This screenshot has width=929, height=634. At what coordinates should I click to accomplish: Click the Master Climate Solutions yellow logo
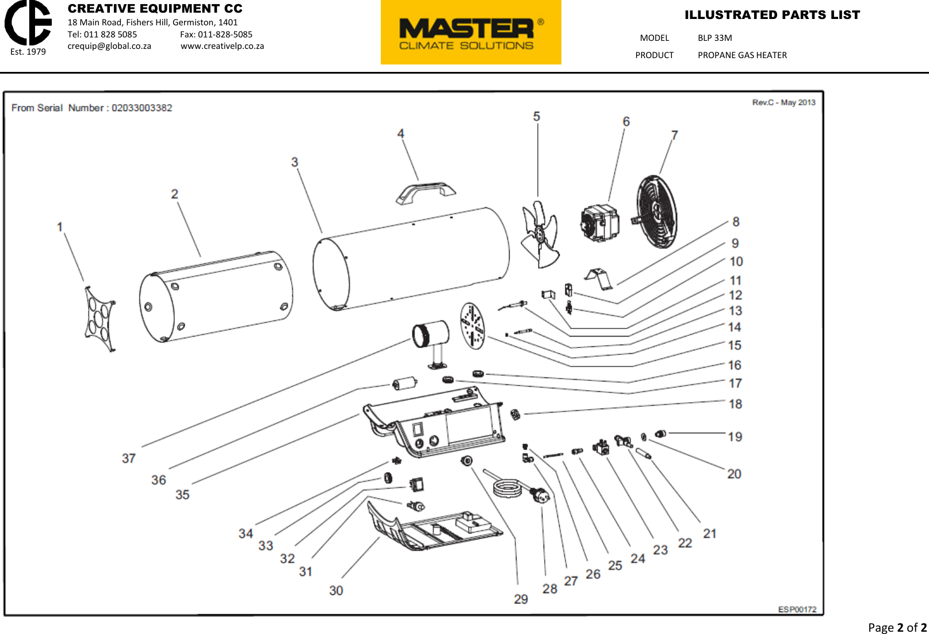tap(471, 32)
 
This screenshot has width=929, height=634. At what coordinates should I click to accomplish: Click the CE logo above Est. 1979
tap(28, 22)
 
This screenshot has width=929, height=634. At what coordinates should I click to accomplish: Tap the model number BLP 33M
tap(714, 38)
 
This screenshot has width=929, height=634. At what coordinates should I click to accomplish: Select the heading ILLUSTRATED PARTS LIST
tap(772, 15)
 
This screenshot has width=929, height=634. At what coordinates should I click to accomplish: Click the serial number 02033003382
tap(142, 108)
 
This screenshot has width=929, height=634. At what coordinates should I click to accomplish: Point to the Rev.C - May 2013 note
tap(783, 102)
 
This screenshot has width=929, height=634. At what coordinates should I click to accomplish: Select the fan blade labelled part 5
tap(540, 235)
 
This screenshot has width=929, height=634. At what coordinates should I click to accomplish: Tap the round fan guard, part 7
tap(657, 212)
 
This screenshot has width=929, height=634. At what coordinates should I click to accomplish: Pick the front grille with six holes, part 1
tap(100, 319)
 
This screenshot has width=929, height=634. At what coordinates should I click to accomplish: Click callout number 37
tap(128, 459)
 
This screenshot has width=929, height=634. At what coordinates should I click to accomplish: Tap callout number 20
tap(734, 474)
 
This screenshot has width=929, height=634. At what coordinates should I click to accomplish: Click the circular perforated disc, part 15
tap(473, 326)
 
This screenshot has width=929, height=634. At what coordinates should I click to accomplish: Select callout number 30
tap(336, 591)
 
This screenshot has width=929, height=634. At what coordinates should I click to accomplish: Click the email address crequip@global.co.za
tap(109, 46)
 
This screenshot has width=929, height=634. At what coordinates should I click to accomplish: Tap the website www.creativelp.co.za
tap(222, 46)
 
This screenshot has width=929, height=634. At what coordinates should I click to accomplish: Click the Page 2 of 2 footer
tap(897, 627)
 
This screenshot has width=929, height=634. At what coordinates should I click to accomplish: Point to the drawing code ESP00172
tap(797, 609)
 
